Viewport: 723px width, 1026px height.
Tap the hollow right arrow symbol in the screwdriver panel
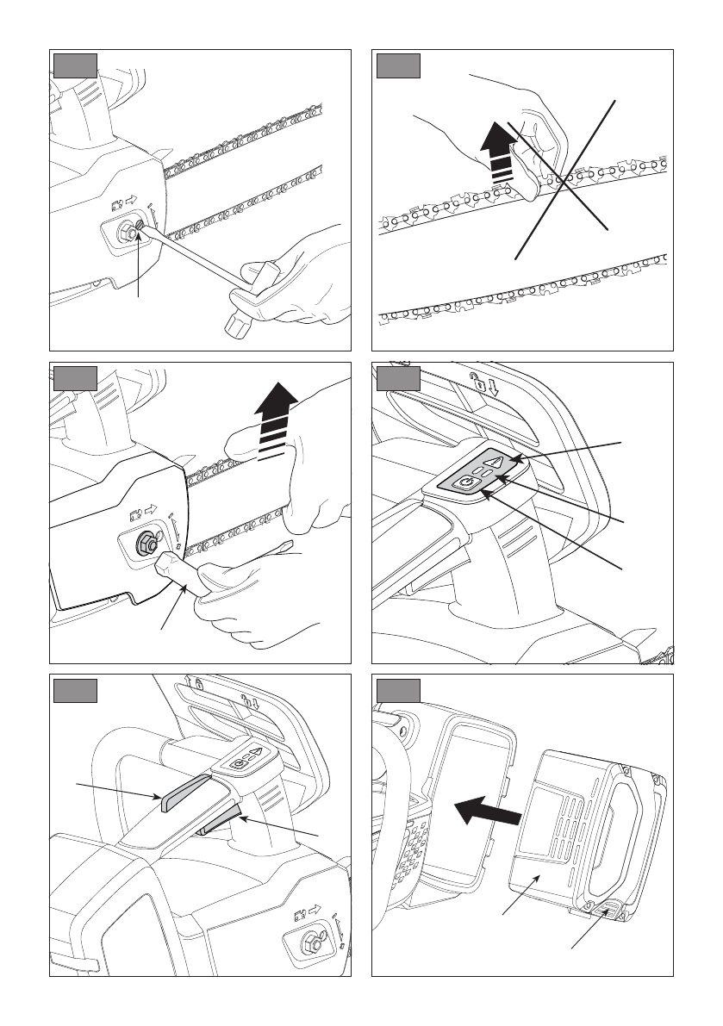click(132, 202)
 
